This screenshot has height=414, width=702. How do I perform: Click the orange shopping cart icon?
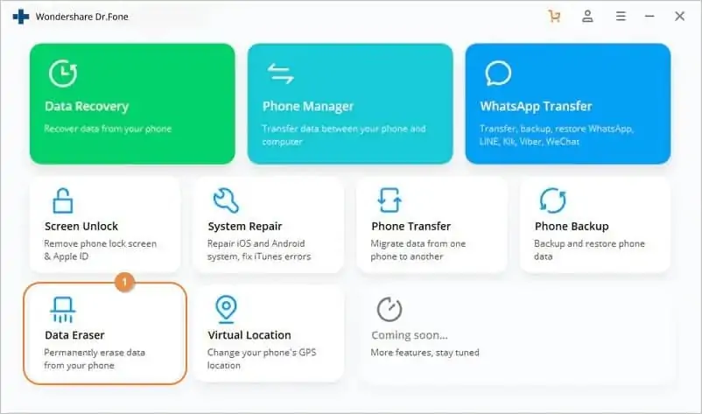(x=554, y=17)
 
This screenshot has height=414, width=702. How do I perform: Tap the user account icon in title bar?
(x=587, y=17)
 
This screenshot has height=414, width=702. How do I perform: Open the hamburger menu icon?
(x=621, y=17)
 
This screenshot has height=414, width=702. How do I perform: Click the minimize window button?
(x=649, y=16)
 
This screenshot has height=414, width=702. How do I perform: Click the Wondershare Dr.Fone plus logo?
(x=21, y=17)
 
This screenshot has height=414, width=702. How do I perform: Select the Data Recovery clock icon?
(x=63, y=73)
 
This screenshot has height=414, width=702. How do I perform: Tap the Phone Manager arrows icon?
(x=281, y=74)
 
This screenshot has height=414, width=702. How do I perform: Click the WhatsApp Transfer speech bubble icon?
(x=498, y=73)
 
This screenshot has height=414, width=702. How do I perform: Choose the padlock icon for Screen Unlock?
(x=62, y=200)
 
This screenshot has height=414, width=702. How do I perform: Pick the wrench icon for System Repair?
(x=226, y=200)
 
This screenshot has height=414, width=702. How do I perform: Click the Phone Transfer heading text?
(x=411, y=227)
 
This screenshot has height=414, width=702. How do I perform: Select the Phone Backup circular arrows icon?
(x=553, y=200)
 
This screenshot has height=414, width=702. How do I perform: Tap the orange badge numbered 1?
(x=124, y=282)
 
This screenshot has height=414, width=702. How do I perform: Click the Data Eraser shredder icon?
(x=63, y=310)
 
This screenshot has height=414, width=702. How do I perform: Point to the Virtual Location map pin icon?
(x=226, y=309)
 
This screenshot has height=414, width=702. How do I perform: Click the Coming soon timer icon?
(x=390, y=309)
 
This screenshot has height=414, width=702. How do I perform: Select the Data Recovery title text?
(x=87, y=107)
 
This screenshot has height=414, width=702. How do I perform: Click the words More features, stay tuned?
(x=425, y=353)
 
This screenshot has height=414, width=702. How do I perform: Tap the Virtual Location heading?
(x=249, y=335)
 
